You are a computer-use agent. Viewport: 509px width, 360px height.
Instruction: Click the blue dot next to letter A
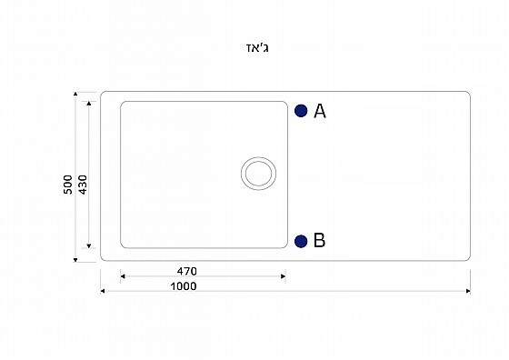coord(301,111)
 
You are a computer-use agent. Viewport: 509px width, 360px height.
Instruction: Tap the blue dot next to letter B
coord(301,241)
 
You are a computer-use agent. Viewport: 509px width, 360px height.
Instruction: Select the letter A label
coord(320,111)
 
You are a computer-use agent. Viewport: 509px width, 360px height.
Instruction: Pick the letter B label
coord(319,241)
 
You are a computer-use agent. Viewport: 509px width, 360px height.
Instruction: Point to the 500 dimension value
coord(68,185)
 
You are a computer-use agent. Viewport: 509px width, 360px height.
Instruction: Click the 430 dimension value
coord(83,185)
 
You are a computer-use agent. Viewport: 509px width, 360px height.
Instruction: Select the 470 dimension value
coord(186,271)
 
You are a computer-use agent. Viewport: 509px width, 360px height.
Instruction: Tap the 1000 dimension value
coord(184,286)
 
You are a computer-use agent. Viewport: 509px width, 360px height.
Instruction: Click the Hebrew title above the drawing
coord(257,48)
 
